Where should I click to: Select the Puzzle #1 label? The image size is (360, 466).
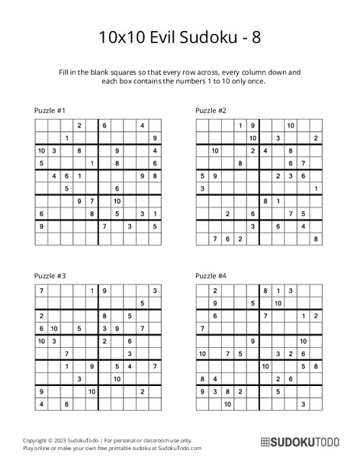tap(50, 110)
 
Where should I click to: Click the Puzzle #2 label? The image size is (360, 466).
tap(212, 110)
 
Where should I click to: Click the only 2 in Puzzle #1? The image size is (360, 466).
tap(78, 125)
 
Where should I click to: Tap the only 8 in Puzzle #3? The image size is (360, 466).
tap(104, 315)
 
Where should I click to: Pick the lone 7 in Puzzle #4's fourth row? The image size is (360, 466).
tap(202, 328)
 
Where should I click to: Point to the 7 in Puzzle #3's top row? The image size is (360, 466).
tap(41, 290)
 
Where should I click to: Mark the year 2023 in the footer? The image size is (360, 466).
tap(63, 439)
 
